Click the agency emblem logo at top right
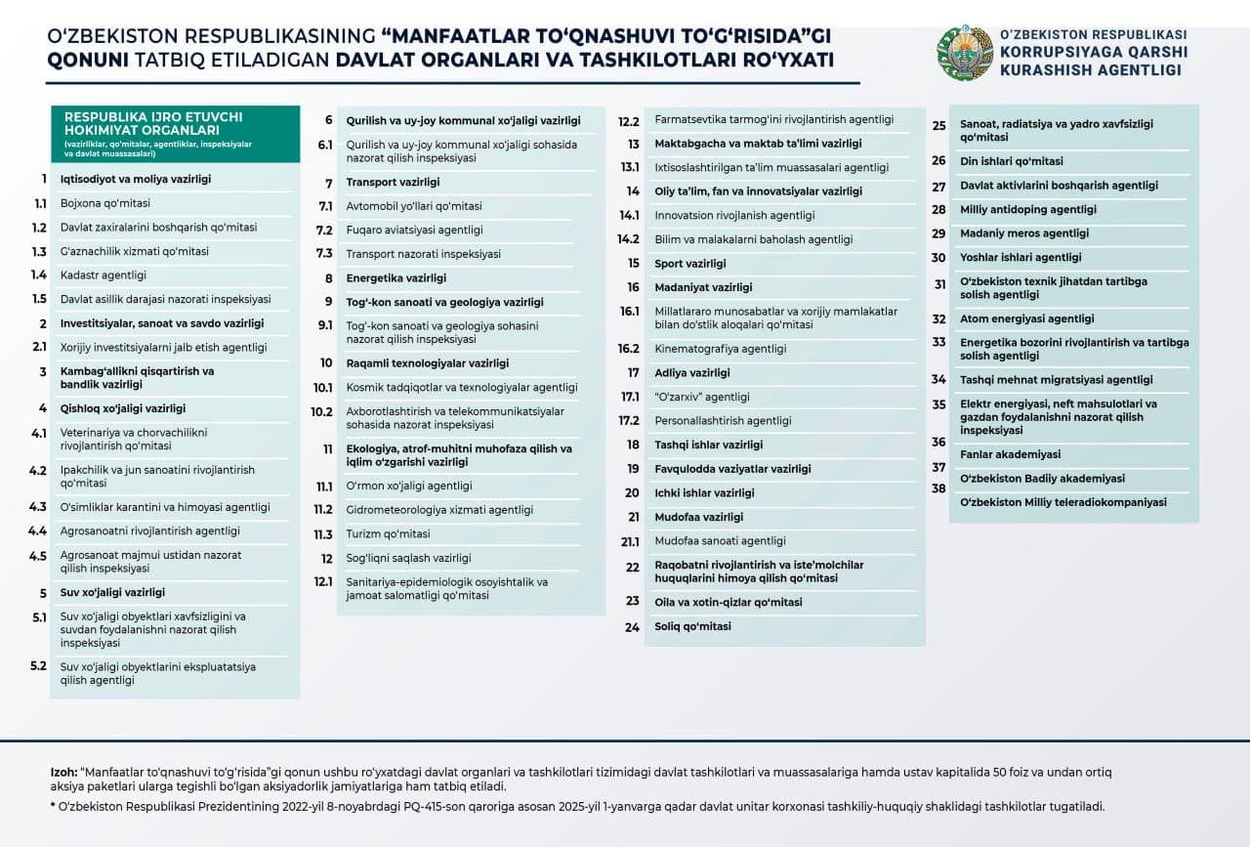click(x=964, y=54)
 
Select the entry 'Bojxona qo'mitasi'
click(x=105, y=203)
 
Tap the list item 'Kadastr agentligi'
click(x=104, y=275)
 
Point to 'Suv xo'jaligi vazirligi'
click(x=112, y=593)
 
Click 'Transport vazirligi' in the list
click(x=393, y=183)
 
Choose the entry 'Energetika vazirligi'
click(x=396, y=278)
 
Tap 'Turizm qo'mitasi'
click(x=388, y=534)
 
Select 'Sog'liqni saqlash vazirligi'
click(x=408, y=559)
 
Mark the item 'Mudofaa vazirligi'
click(x=698, y=517)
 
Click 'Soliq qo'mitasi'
click(x=692, y=626)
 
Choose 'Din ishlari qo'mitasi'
click(x=1011, y=161)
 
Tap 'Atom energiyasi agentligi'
click(x=1026, y=318)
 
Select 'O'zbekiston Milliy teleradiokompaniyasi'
click(x=1062, y=502)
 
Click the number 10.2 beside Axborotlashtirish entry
click(x=322, y=412)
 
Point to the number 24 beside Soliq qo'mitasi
click(x=632, y=628)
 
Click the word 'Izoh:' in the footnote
click(x=64, y=772)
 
